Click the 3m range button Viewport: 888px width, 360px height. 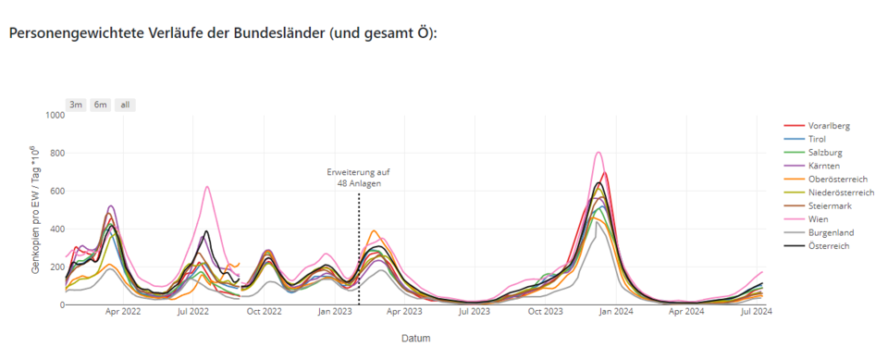(76, 105)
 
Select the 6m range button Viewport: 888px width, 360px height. (100, 105)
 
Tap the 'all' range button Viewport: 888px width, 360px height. (125, 105)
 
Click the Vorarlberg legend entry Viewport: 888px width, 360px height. (829, 126)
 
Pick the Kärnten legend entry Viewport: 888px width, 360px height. (824, 166)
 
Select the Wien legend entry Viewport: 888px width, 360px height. (820, 219)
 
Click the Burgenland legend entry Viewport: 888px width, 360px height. (831, 232)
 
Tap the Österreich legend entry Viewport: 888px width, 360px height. (830, 246)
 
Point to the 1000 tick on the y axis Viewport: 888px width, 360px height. (52, 116)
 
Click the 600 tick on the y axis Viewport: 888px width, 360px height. (55, 192)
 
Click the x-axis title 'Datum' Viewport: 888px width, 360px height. (415, 338)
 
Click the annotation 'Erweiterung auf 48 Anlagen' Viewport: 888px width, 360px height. (358, 178)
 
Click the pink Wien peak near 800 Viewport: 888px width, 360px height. (598, 153)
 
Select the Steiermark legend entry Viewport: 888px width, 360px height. (831, 205)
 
